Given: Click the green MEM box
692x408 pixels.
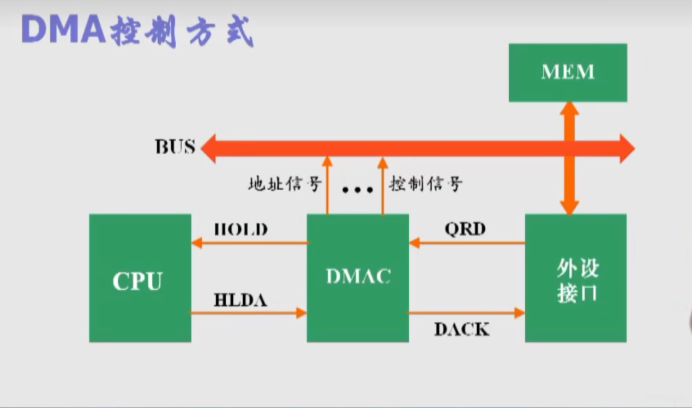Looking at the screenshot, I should coord(568,73).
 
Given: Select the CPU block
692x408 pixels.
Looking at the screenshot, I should coord(140,278).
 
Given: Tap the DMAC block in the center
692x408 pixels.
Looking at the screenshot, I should coord(358,278).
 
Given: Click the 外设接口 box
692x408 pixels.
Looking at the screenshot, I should coord(576,279).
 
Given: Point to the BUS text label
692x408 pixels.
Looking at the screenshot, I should coord(175,147).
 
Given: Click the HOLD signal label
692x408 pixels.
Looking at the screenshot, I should coord(241,230).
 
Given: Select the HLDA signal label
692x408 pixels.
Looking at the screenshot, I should coord(240,300).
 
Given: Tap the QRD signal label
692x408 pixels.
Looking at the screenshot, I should coord(465,229).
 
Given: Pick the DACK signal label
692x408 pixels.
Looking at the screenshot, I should coord(462,329).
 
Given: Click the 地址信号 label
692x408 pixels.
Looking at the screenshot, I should coord(285,184).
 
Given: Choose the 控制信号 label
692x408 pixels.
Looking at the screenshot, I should coord(425,184).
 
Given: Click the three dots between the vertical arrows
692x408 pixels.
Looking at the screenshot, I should coord(358,190).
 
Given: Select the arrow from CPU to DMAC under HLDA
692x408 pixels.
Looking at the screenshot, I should coord(249,313).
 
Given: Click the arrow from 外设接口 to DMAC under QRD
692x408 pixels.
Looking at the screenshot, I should coord(467,243).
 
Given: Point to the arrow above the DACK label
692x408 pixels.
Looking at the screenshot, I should coord(467,313).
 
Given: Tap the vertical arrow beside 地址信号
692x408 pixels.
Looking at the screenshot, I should coord(327,185).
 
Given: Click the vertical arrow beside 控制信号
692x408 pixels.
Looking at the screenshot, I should coord(382,185).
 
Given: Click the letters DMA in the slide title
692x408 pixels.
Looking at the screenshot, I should coord(63,30).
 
